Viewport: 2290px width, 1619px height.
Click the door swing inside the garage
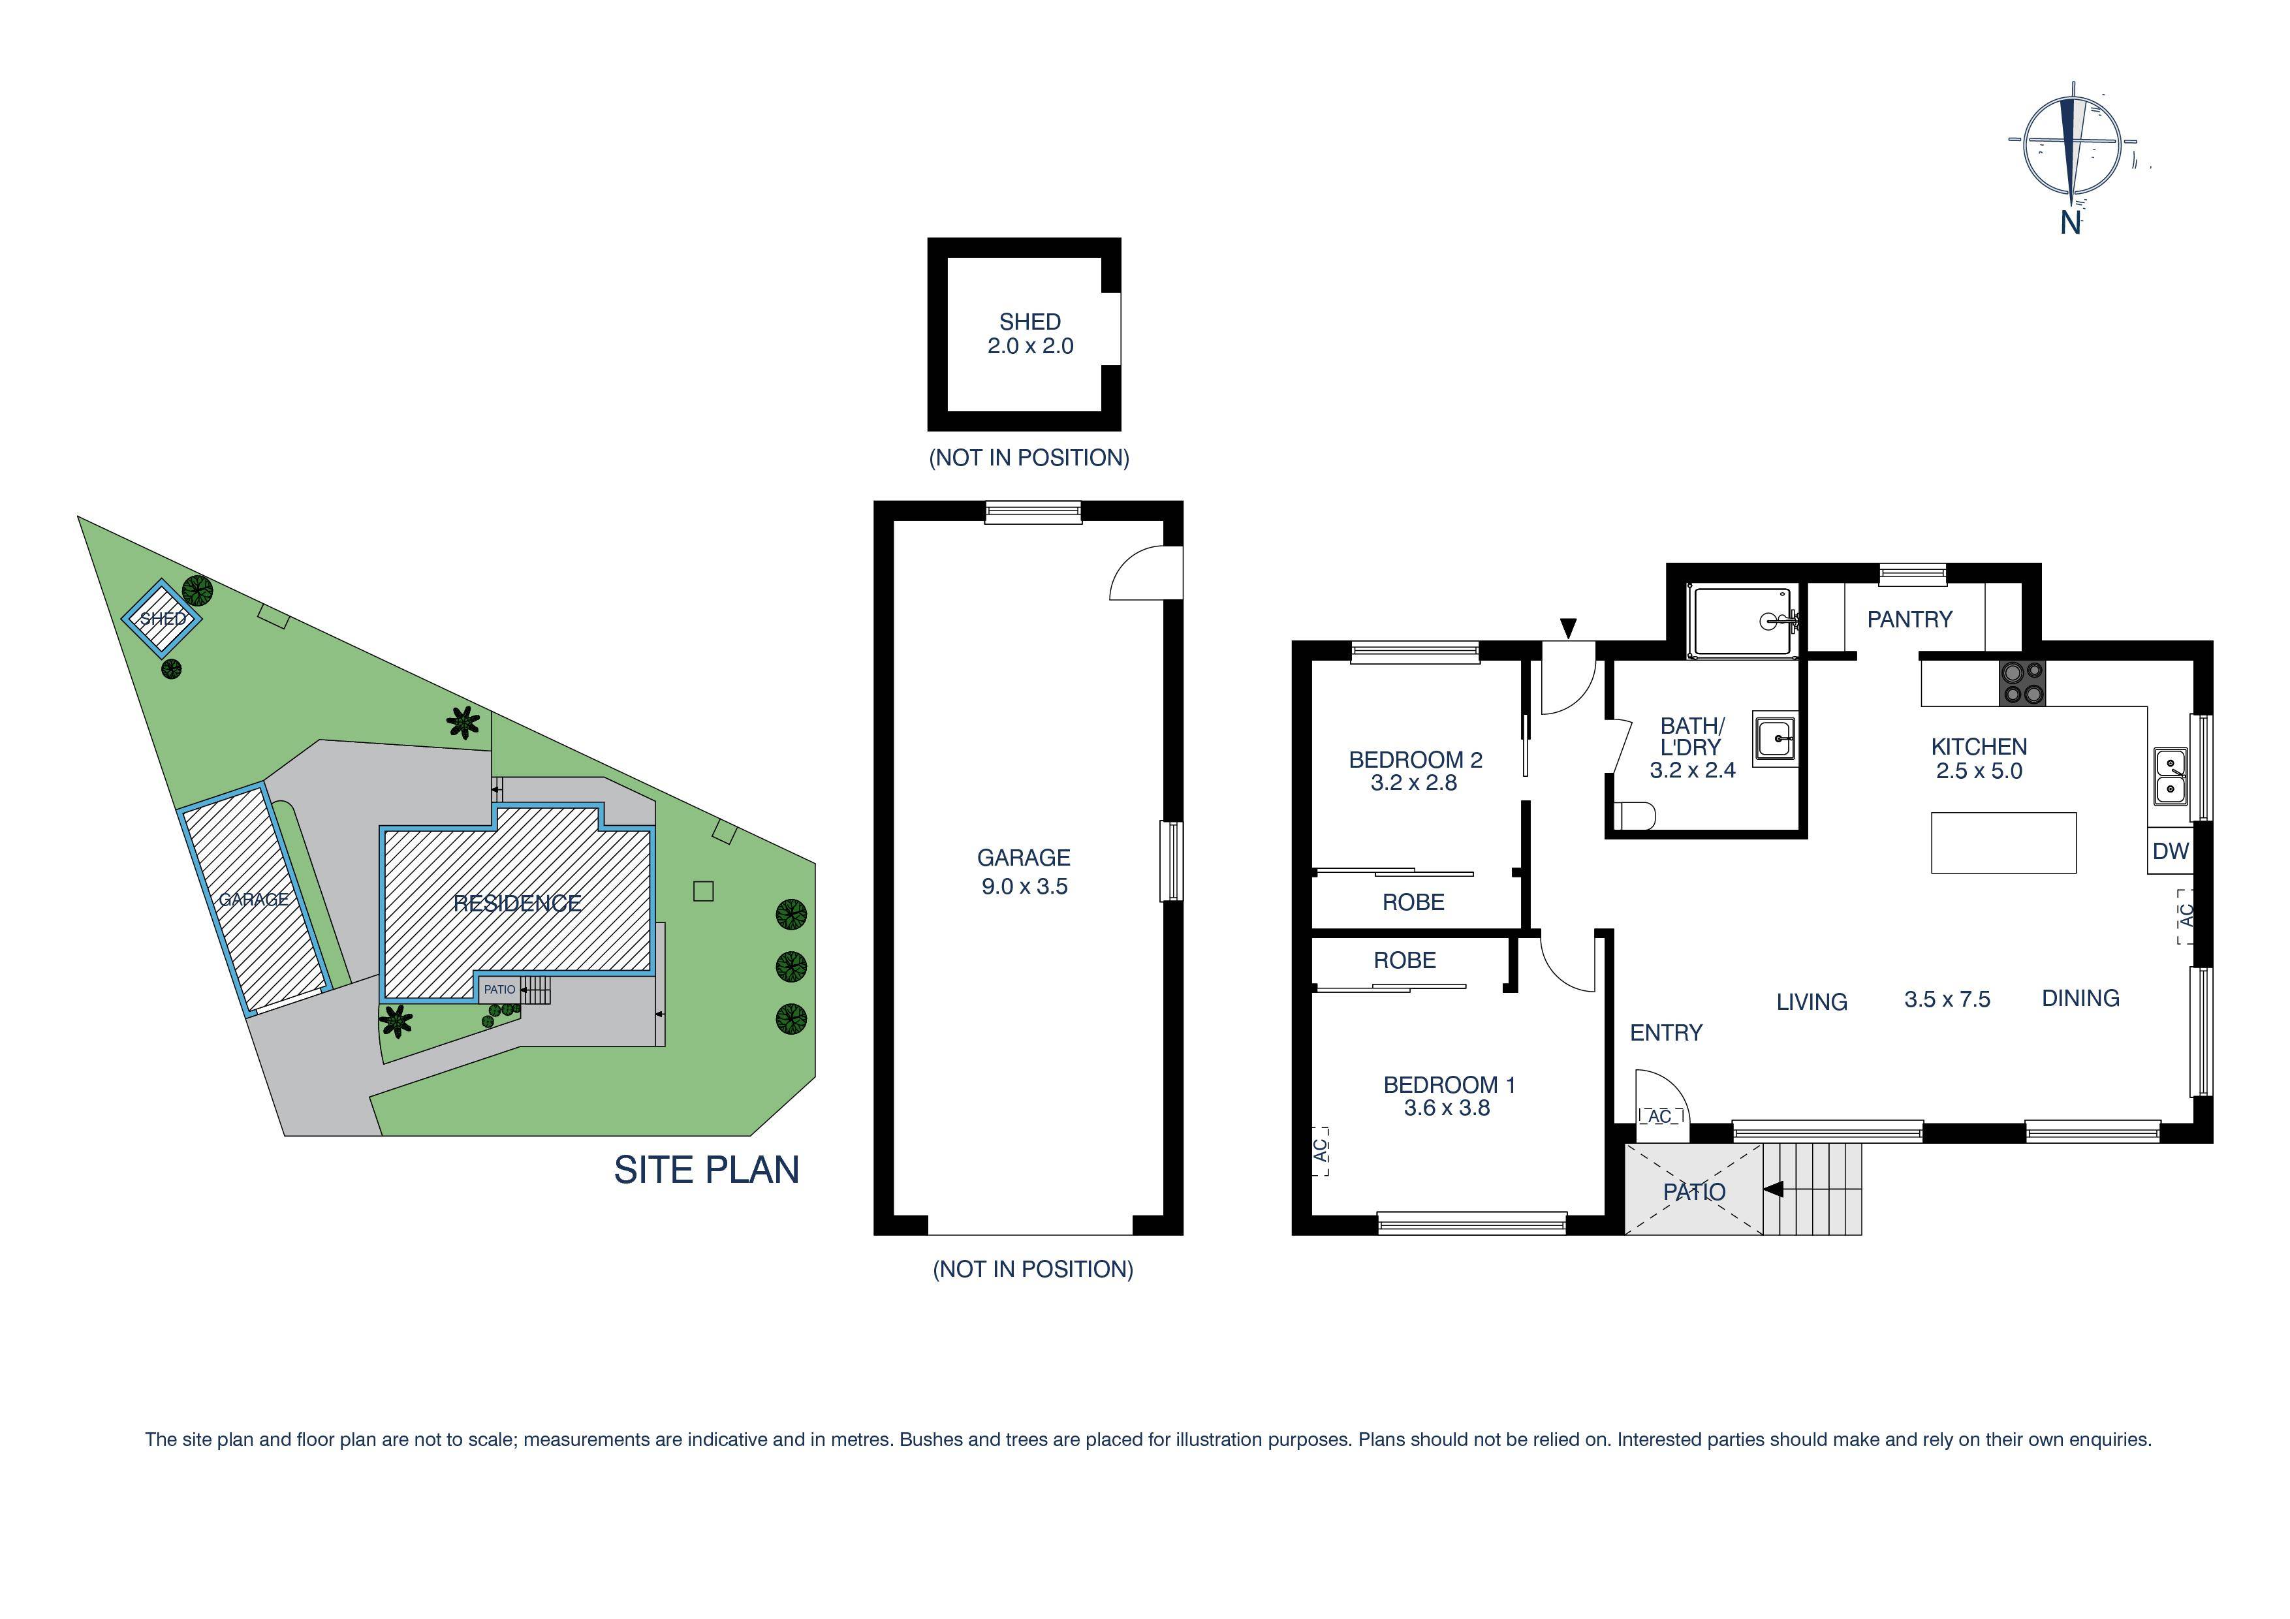click(x=1145, y=574)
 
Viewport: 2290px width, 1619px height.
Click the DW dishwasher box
click(x=2171, y=851)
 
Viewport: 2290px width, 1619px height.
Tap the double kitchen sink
click(x=2171, y=777)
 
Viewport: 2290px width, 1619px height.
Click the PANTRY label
click(x=1909, y=620)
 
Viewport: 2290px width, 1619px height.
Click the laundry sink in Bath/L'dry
click(x=1776, y=739)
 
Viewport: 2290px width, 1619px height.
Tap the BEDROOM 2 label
click(x=1415, y=759)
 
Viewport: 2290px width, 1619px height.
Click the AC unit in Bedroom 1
click(x=1321, y=1150)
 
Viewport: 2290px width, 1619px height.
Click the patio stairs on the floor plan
click(x=1812, y=1189)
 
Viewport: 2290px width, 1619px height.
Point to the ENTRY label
click(x=1666, y=1033)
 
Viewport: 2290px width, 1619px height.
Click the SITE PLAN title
click(x=706, y=1170)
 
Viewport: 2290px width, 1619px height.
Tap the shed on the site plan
click(x=163, y=618)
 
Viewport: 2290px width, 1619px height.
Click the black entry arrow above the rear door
click(x=1569, y=627)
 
